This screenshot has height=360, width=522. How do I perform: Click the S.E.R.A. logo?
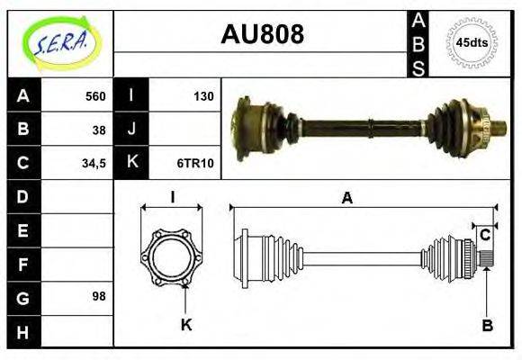pyautogui.click(x=59, y=42)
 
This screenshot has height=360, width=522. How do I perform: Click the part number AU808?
pyautogui.click(x=262, y=34)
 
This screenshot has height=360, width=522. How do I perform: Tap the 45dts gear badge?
pyautogui.click(x=471, y=42)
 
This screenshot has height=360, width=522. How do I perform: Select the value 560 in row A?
pyautogui.click(x=94, y=96)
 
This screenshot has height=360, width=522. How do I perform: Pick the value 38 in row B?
pyautogui.click(x=98, y=129)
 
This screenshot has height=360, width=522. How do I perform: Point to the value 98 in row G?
pyautogui.click(x=98, y=295)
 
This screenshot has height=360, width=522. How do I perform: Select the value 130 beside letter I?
pyautogui.click(x=203, y=96)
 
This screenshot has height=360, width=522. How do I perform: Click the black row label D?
pyautogui.click(x=22, y=196)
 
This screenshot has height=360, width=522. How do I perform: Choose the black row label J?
pyautogui.click(x=131, y=129)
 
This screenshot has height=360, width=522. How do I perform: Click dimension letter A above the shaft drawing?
pyautogui.click(x=346, y=199)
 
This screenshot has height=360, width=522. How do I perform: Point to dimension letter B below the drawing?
pyautogui.click(x=487, y=326)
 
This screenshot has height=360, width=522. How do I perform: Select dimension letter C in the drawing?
pyautogui.click(x=484, y=236)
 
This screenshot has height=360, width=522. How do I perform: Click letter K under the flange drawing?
pyautogui.click(x=186, y=326)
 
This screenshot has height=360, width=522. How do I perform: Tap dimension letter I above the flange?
pyautogui.click(x=172, y=198)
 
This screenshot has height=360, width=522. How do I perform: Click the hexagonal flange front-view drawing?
pyautogui.click(x=171, y=256)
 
